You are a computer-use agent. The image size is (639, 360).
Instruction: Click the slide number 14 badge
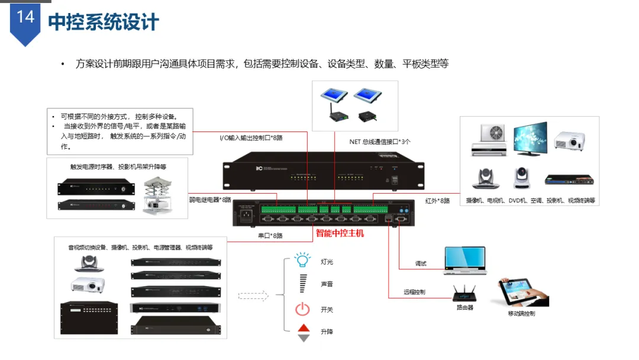coord(25,18)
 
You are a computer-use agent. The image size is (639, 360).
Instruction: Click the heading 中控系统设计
coord(104,22)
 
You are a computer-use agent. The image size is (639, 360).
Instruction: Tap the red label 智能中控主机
coord(340,233)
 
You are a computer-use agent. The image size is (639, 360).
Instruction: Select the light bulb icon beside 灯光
coord(303,260)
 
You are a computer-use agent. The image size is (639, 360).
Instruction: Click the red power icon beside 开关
coord(303,309)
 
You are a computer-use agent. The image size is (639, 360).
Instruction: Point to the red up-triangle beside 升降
coord(304,328)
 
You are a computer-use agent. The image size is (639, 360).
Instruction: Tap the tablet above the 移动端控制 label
coord(521,293)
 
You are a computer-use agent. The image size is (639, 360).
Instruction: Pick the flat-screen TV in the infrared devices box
coord(530,138)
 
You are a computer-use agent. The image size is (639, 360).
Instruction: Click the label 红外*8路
coord(437,201)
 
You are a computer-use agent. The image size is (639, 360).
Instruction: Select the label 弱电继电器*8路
coord(211,200)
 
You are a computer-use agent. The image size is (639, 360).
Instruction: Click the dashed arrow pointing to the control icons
coord(253,295)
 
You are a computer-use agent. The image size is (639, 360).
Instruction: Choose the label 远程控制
coord(414,292)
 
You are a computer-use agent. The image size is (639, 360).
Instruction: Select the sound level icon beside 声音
coord(304,284)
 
